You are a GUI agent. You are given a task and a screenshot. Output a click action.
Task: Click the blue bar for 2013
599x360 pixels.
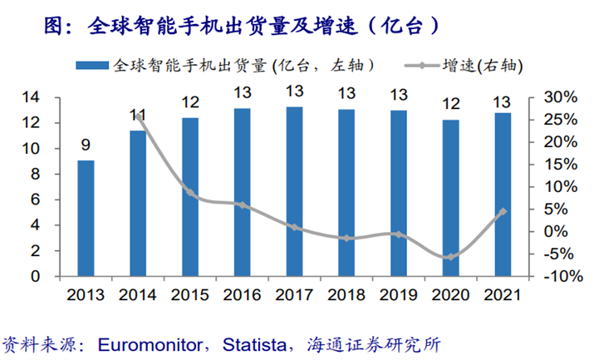(86, 218)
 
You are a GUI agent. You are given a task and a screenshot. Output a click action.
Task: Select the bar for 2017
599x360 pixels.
(294, 191)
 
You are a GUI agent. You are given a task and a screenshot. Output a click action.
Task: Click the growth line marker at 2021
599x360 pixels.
(503, 211)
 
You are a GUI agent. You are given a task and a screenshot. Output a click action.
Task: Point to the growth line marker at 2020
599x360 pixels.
(450, 257)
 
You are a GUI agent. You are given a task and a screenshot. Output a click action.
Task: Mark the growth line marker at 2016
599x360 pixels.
(243, 205)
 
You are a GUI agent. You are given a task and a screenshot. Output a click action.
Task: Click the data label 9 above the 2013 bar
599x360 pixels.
(86, 145)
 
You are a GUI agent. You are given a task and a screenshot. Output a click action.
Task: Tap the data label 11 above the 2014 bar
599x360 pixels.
(138, 115)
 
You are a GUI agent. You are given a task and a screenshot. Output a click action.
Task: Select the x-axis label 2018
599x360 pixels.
(346, 295)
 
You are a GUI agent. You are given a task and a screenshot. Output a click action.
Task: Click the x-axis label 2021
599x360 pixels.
(503, 295)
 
